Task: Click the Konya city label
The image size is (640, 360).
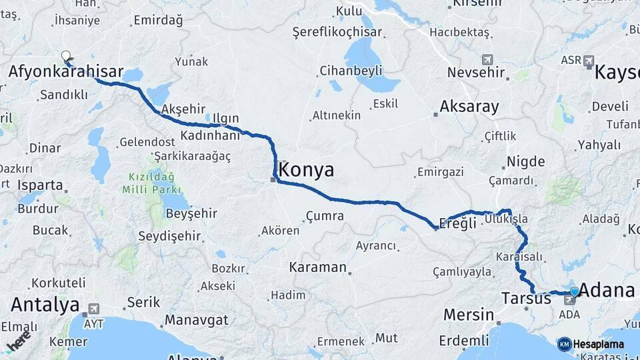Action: pyautogui.click(x=307, y=170)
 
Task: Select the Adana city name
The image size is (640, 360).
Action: pyautogui.click(x=607, y=290)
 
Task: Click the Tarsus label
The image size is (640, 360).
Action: pyautogui.click(x=526, y=298)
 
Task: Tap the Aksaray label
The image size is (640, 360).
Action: pyautogui.click(x=469, y=106)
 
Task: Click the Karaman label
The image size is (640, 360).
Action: pyautogui.click(x=318, y=267)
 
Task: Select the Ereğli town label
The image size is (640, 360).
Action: pyautogui.click(x=459, y=223)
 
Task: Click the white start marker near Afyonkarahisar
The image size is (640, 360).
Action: pyautogui.click(x=66, y=56)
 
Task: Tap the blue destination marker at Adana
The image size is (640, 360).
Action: pyautogui.click(x=575, y=291)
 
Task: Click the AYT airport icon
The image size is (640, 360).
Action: pyautogui.click(x=93, y=309)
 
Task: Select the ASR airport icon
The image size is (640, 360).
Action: pyautogui.click(x=588, y=61)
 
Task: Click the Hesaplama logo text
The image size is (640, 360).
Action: pyautogui.click(x=598, y=344)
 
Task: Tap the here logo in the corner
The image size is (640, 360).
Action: pyautogui.click(x=19, y=341)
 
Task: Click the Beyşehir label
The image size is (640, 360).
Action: pyautogui.click(x=173, y=213)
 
